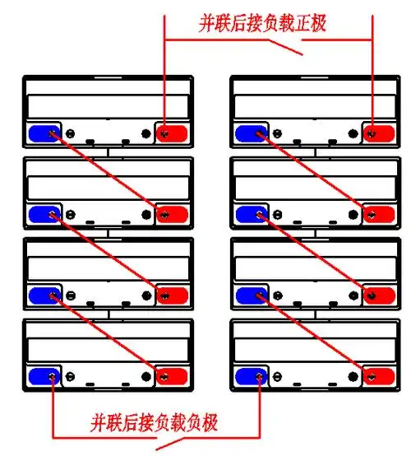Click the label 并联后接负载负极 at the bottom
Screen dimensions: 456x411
154,424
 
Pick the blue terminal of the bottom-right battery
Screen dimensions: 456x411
249,376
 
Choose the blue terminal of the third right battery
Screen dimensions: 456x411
249,295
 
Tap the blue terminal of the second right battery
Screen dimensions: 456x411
249,214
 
